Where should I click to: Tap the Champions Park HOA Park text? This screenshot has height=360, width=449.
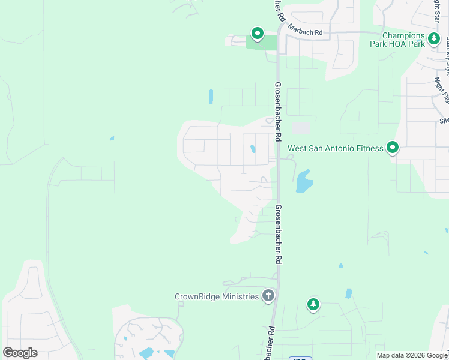coord(403,40)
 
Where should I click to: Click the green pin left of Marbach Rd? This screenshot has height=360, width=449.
coord(258,34)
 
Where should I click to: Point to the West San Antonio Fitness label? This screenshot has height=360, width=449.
coord(335,148)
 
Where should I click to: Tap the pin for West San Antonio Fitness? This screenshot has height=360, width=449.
coord(393,146)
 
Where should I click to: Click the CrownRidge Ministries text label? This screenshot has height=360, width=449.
coord(217,296)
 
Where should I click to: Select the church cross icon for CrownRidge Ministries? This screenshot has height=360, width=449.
coord(268,295)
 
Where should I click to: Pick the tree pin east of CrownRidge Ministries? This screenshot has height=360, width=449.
coord(313,305)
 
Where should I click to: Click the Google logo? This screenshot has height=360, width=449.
coord(20,353)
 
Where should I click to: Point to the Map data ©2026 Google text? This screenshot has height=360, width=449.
coord(412,355)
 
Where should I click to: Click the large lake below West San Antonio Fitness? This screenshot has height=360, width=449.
coord(303,181)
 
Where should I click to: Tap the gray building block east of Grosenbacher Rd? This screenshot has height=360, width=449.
coord(301,128)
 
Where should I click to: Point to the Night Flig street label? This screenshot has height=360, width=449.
coord(443,90)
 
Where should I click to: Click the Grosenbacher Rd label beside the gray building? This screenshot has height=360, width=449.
coord(279,111)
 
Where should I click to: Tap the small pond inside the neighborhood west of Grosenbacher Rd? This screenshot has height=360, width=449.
coord(253,149)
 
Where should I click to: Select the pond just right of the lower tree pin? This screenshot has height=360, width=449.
coord(348,293)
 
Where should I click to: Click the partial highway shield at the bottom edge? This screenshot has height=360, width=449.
coord(301,358)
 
